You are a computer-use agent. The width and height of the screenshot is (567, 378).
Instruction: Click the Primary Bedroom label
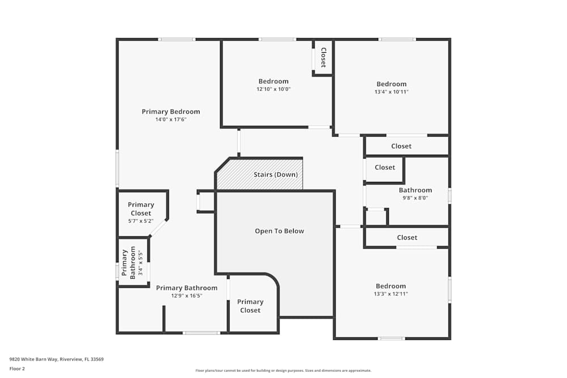click(x=171, y=112)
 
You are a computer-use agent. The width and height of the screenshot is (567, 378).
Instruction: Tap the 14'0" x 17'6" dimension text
click(x=171, y=120)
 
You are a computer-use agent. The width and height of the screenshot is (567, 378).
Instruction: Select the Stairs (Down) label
click(x=276, y=175)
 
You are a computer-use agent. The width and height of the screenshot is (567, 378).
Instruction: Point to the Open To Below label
click(x=279, y=231)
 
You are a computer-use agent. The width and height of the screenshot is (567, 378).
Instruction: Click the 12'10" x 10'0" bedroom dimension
click(x=273, y=90)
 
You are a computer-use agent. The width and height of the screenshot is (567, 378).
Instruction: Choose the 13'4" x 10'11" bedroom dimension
click(x=391, y=92)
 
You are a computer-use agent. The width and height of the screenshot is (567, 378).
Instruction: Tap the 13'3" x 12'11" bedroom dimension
click(x=391, y=294)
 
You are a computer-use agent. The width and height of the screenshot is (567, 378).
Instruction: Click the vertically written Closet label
click(x=323, y=57)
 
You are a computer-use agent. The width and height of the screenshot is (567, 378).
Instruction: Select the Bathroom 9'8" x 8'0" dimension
click(x=415, y=198)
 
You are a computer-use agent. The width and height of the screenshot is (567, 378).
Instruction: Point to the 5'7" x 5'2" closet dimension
click(x=141, y=221)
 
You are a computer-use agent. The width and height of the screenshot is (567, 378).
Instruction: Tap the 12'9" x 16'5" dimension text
click(x=187, y=296)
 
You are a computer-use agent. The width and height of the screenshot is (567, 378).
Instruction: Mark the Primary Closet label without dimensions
click(x=250, y=306)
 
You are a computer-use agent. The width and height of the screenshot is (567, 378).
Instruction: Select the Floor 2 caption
click(x=17, y=369)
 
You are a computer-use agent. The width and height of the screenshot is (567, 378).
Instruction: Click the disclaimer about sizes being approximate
click(x=283, y=371)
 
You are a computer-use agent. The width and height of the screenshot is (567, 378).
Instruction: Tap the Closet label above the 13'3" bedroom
click(x=407, y=238)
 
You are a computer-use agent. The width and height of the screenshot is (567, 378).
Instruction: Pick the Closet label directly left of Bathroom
click(x=385, y=168)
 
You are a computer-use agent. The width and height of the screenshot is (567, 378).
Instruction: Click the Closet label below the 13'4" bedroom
click(x=401, y=146)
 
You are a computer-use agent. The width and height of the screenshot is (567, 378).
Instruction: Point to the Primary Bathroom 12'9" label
click(x=187, y=288)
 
